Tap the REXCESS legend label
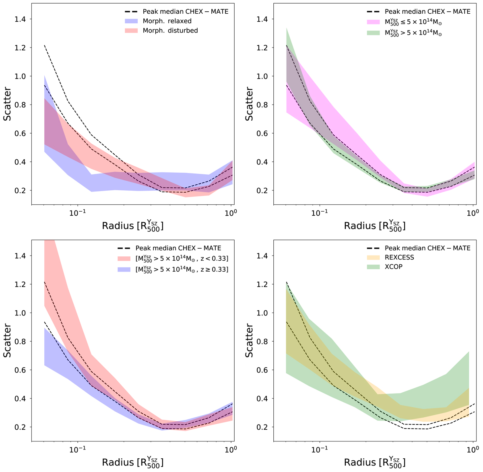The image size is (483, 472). click(399, 258)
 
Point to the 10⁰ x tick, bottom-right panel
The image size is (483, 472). click(472, 449)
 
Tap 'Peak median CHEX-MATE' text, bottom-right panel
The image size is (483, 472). click(427, 248)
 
